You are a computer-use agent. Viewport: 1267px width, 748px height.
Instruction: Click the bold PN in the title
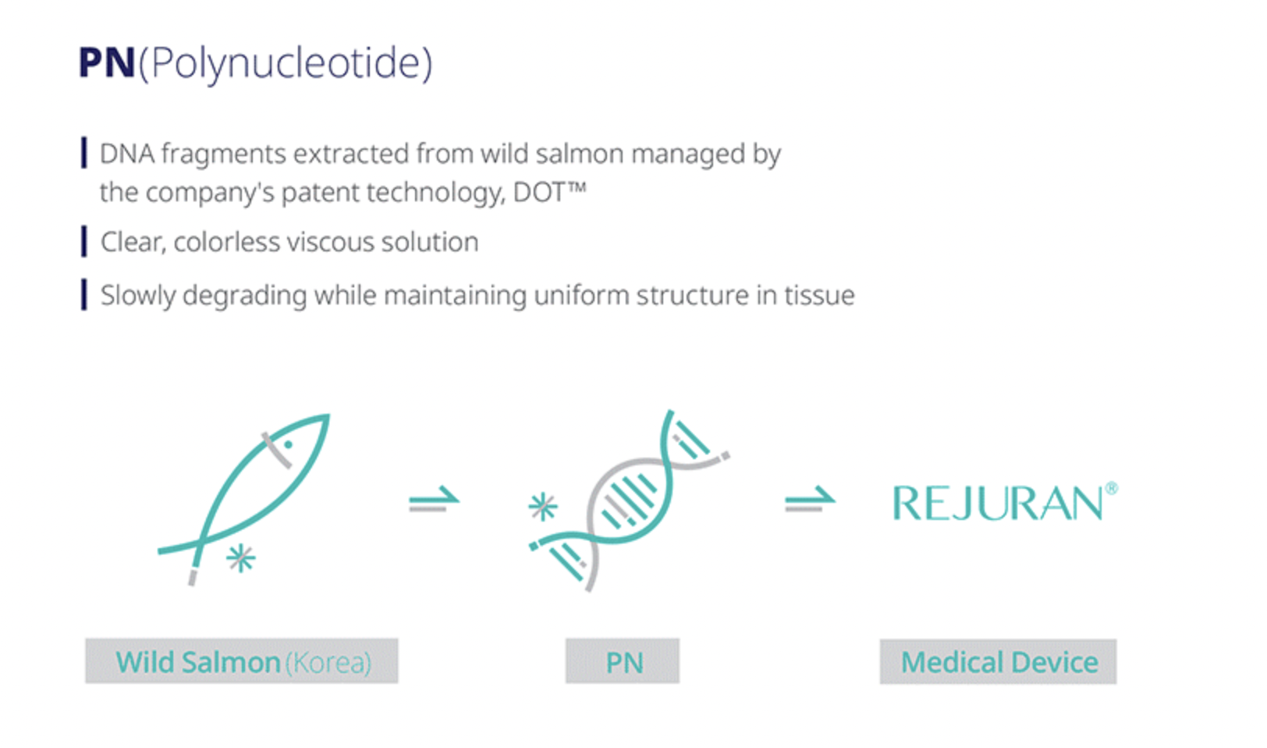coord(107,62)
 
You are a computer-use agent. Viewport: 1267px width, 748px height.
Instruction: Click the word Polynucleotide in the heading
coord(286,65)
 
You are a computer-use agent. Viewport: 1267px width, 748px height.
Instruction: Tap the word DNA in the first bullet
coord(127,154)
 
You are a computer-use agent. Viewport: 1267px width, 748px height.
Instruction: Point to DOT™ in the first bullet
coord(549,192)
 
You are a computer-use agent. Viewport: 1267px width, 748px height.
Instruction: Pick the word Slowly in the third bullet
coord(139,297)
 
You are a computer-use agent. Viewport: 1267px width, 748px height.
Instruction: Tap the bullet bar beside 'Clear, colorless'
coord(84,241)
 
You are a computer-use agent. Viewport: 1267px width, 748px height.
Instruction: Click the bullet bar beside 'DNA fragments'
coord(84,153)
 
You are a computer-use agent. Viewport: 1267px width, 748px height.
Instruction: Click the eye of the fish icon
coord(288,445)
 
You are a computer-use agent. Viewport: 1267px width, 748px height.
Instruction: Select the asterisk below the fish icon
coord(241,558)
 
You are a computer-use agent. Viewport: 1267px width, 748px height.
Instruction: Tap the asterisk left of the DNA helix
coord(542,507)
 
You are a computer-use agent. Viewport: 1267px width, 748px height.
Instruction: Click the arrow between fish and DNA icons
coord(434,500)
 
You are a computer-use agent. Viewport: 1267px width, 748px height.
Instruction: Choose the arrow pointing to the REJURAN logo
coord(810,500)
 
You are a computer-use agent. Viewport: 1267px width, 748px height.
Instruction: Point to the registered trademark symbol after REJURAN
coord(1112,488)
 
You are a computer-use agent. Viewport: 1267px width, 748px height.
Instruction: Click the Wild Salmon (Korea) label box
coord(242,661)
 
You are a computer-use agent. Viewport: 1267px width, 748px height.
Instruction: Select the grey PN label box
coord(623,661)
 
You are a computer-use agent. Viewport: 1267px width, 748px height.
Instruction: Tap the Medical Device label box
coord(999,661)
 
